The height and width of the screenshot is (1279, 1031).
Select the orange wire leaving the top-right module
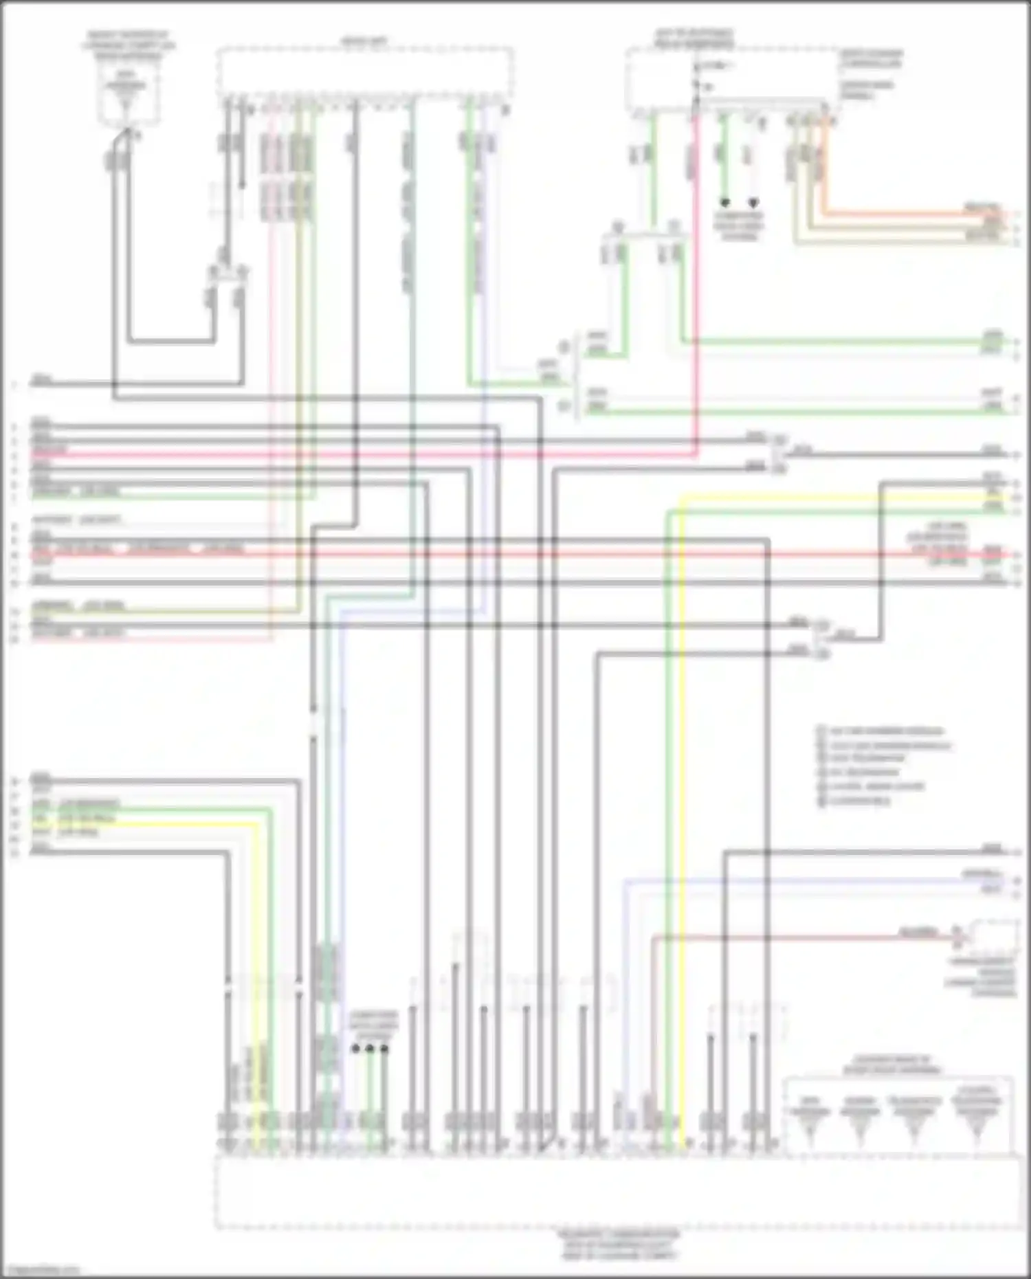pyautogui.click(x=894, y=213)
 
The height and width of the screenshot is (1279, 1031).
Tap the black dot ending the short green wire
pyautogui.click(x=724, y=203)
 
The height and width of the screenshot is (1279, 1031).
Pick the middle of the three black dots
pyautogui.click(x=370, y=1049)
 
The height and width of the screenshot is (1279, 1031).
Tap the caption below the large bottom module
pyautogui.click(x=619, y=1245)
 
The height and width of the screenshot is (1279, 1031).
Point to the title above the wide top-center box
pyautogui.click(x=364, y=41)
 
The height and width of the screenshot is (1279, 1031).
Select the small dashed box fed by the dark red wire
pyautogui.click(x=993, y=936)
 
